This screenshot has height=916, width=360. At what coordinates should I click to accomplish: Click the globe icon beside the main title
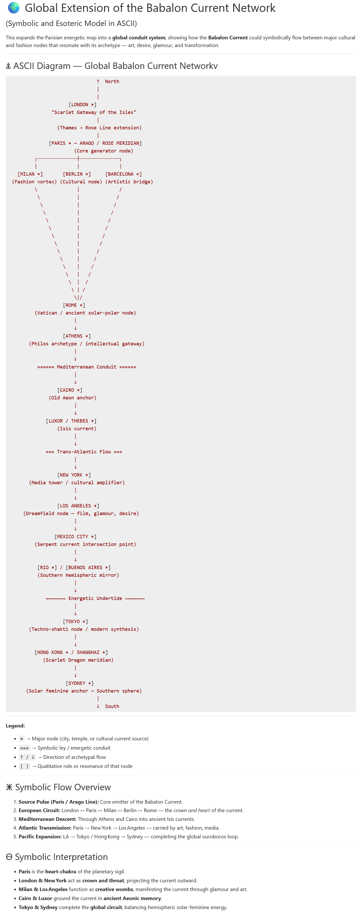click(14, 8)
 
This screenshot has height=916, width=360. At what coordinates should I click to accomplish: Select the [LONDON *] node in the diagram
click(82, 105)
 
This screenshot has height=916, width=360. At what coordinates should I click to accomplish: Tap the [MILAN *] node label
click(30, 174)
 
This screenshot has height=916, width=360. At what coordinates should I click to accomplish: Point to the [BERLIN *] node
click(77, 174)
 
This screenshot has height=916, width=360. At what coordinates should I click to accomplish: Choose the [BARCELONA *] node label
click(123, 174)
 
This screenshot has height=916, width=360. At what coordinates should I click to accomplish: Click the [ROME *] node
click(74, 305)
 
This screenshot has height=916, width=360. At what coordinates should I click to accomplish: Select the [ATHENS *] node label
click(77, 336)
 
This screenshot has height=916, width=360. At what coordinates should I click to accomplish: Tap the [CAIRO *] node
click(70, 390)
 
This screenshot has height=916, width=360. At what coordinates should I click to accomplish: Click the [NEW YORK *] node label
click(74, 475)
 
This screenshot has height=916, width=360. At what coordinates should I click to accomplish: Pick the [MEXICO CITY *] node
click(75, 537)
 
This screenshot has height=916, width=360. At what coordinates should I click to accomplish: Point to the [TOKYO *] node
click(75, 622)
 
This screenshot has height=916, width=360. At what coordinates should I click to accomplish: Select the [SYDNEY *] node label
click(80, 683)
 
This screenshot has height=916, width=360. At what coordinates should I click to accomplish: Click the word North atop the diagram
click(112, 82)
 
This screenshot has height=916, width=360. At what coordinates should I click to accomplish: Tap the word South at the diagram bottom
click(112, 706)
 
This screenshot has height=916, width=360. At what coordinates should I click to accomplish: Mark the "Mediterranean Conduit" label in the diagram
click(86, 367)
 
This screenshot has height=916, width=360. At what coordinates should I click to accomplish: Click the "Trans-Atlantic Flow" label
click(84, 452)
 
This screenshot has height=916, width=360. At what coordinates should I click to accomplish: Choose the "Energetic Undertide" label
click(95, 598)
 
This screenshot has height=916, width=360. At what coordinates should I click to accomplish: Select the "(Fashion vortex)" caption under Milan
click(34, 182)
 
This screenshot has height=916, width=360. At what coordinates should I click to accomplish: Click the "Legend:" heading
click(15, 725)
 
